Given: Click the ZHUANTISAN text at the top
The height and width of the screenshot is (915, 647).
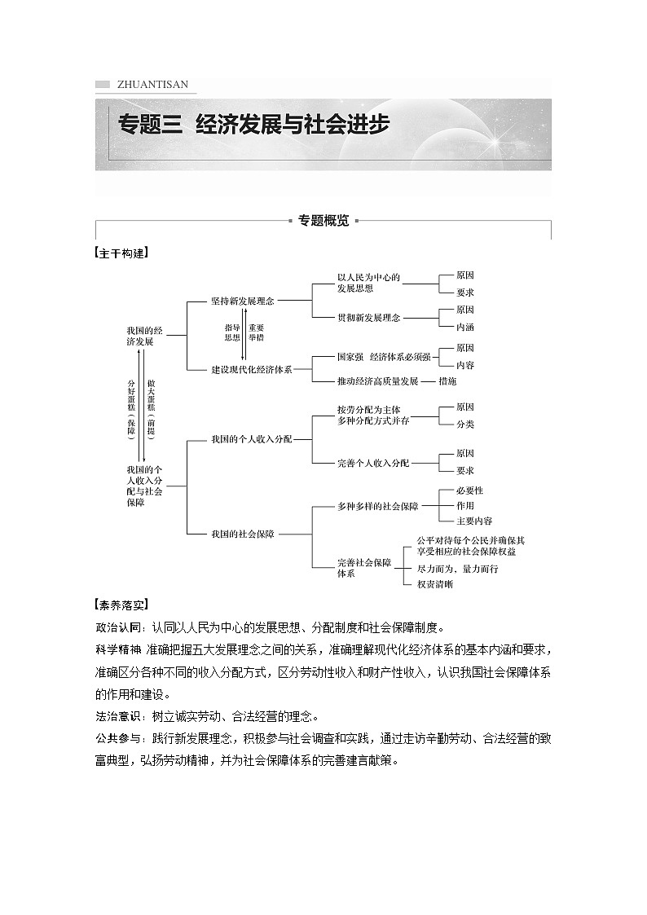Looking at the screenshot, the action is [152, 84].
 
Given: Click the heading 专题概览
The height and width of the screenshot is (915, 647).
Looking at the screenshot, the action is [323, 220].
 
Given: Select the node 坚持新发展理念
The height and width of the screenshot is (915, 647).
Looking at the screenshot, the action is [242, 301].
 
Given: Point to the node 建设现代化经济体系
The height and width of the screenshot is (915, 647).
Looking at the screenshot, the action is [251, 370].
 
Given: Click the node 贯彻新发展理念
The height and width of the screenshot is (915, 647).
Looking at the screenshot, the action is [368, 318].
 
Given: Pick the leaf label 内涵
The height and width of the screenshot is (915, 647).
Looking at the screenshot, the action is [464, 327].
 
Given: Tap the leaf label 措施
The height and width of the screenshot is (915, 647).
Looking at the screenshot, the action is [447, 381].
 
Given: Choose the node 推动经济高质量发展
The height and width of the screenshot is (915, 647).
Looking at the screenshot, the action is [377, 381].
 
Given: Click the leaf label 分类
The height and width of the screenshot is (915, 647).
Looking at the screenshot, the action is [464, 425].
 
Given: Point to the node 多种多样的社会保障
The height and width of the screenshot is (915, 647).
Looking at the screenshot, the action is [377, 506].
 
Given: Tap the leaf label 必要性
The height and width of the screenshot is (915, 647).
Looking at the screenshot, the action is [469, 490].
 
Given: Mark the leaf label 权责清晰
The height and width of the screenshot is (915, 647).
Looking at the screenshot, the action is [434, 584].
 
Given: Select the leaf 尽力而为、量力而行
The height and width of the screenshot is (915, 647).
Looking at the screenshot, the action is [456, 569].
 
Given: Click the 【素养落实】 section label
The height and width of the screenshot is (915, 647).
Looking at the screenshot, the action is [122, 605].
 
